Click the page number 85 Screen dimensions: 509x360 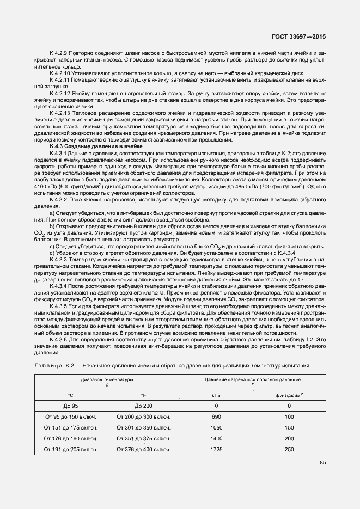[322, 463]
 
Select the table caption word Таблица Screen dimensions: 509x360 [48, 365]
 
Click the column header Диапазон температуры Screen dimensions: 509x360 [107, 379]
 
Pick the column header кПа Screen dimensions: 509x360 [216, 394]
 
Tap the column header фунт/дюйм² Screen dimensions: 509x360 [289, 394]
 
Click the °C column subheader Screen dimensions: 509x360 [70, 394]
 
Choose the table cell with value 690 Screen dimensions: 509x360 [216, 416]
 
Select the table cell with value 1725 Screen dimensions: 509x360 [216, 449]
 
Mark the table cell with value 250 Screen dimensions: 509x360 [289, 449]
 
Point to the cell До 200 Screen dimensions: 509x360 [143, 405]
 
